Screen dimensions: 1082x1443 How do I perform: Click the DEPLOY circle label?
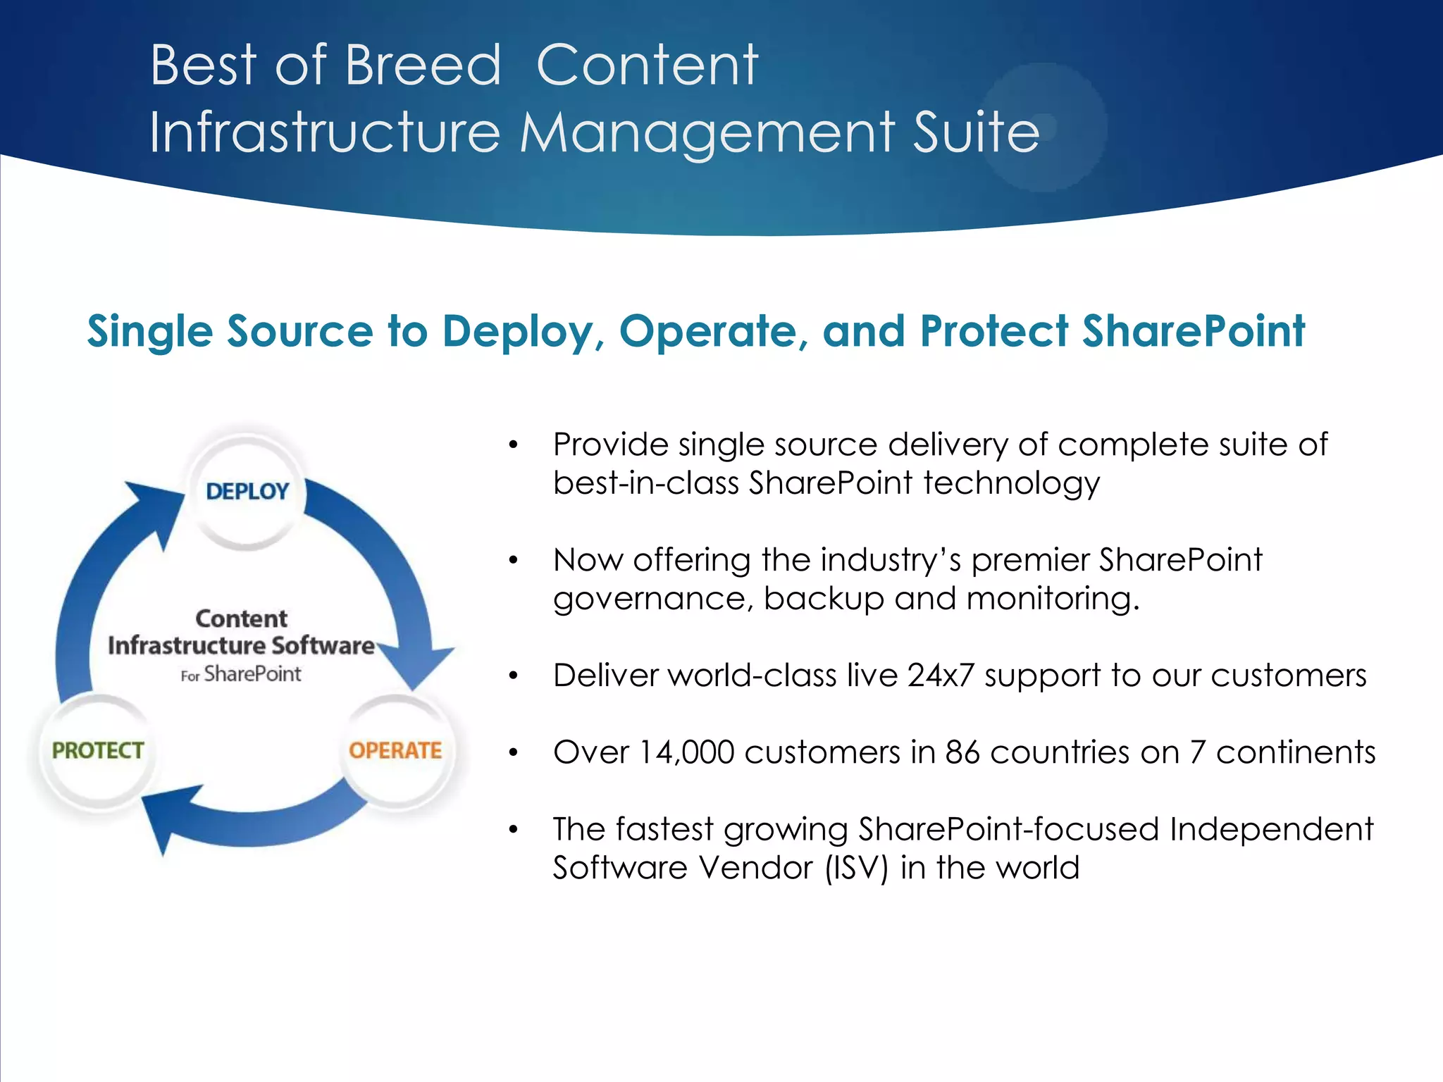pyautogui.click(x=247, y=491)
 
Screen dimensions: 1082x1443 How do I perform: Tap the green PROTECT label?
pyautogui.click(x=98, y=750)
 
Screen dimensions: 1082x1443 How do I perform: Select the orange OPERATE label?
pyautogui.click(x=395, y=750)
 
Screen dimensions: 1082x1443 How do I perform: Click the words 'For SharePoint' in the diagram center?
pyautogui.click(x=241, y=674)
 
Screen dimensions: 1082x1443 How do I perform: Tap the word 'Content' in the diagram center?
pyautogui.click(x=241, y=618)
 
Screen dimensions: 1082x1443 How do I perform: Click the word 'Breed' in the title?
pyautogui.click(x=423, y=66)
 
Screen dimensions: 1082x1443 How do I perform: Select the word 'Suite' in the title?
pyautogui.click(x=976, y=132)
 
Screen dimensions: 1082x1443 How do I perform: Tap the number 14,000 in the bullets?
pyautogui.click(x=686, y=752)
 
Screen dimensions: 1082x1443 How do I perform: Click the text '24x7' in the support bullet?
pyautogui.click(x=940, y=676)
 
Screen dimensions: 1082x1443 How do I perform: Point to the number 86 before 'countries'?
pyautogui.click(x=962, y=752)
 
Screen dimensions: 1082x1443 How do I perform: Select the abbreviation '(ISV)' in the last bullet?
pyautogui.click(x=856, y=868)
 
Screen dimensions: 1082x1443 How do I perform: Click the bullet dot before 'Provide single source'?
pyautogui.click(x=514, y=445)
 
